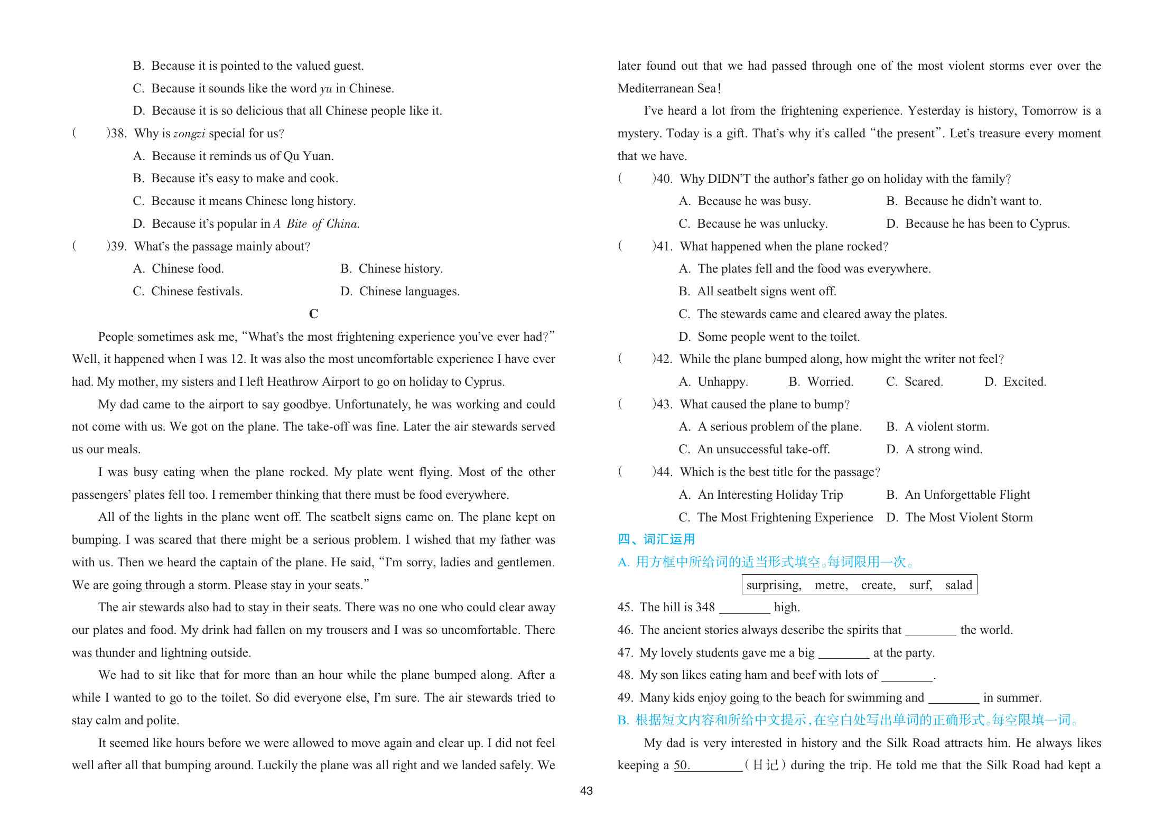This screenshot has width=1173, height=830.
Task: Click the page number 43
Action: click(586, 791)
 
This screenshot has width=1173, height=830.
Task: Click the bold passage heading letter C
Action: click(313, 314)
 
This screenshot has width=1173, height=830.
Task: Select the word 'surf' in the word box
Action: click(920, 585)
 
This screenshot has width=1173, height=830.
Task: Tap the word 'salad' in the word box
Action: click(958, 585)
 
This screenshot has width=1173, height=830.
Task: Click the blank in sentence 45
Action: click(744, 608)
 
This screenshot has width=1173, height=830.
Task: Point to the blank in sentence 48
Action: click(907, 676)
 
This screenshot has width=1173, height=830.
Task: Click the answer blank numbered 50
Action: click(708, 766)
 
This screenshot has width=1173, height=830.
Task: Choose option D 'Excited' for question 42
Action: click(1015, 381)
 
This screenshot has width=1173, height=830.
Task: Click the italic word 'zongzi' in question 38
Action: click(189, 134)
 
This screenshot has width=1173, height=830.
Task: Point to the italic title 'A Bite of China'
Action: click(316, 224)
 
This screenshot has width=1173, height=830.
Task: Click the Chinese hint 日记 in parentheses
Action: click(765, 766)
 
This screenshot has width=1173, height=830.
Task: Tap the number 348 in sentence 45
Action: click(705, 608)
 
